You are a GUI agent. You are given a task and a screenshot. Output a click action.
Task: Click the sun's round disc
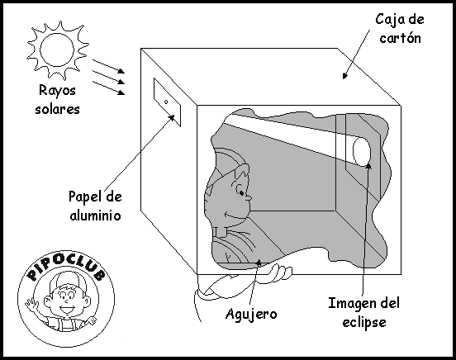pos(57,50)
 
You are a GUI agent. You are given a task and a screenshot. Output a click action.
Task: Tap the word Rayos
pos(57,91)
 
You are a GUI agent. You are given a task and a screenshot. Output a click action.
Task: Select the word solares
pos(57,109)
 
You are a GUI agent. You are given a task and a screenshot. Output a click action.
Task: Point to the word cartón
pos(400,38)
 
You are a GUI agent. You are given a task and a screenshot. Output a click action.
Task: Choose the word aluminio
pos(95,216)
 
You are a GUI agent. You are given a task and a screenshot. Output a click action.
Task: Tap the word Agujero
pos(251,314)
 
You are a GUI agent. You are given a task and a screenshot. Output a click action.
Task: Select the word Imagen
pos(352,304)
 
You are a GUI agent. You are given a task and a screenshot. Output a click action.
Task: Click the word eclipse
pos(364,322)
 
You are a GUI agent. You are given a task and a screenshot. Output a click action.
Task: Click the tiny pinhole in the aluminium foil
pos(166,102)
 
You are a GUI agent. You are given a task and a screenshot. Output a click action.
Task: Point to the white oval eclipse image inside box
pos(362,151)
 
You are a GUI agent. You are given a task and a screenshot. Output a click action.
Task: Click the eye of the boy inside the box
pos(241,192)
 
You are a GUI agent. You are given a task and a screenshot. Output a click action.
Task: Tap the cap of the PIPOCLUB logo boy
pos(68,280)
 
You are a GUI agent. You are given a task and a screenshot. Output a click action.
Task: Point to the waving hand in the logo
pos(31,305)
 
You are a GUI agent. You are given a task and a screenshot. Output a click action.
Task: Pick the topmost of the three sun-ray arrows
pos(109,66)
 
